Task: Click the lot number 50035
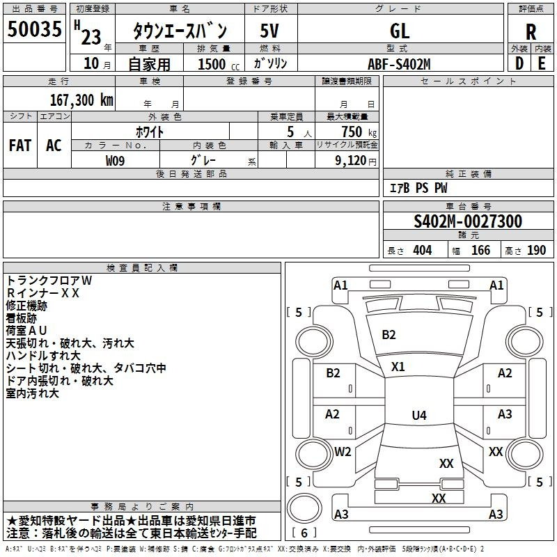[34, 29]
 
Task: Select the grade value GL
[400, 31]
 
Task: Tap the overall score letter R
[531, 32]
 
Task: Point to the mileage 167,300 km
[81, 100]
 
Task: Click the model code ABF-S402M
[399, 64]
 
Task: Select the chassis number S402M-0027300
[468, 221]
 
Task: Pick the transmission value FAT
[20, 146]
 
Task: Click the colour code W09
[115, 161]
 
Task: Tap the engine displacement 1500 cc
[219, 64]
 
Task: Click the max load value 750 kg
[359, 132]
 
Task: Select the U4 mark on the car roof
[419, 415]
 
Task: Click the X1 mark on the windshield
[398, 367]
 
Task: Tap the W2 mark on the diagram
[343, 451]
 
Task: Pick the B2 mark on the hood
[389, 335]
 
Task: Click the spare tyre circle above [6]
[304, 508]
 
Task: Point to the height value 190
[536, 250]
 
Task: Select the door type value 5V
[269, 31]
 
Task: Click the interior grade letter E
[542, 63]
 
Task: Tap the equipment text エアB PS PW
[418, 188]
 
